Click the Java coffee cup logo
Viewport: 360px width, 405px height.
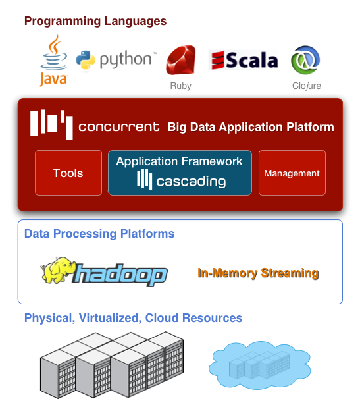(54, 60)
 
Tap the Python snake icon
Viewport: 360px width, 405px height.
(86, 60)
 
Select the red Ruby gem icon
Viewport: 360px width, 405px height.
(181, 60)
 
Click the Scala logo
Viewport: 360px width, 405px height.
(244, 60)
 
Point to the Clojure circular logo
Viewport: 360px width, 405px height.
(305, 60)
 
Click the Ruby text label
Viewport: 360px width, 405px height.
(180, 86)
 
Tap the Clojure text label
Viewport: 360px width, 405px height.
(306, 86)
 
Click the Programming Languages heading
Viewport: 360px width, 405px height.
(95, 21)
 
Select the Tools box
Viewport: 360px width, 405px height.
(68, 173)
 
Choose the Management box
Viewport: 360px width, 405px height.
(292, 173)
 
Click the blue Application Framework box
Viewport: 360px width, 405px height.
(180, 173)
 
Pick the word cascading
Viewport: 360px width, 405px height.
(191, 181)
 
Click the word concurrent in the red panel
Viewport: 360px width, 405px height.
(118, 127)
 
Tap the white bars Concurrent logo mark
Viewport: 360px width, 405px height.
(51, 124)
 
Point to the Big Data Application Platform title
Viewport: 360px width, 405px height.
(251, 127)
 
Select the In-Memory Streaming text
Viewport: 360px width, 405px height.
(258, 273)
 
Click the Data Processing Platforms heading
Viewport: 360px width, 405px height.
(99, 234)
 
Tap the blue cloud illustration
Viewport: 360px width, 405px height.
(259, 365)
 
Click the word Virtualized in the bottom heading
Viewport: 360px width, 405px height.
(110, 318)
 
